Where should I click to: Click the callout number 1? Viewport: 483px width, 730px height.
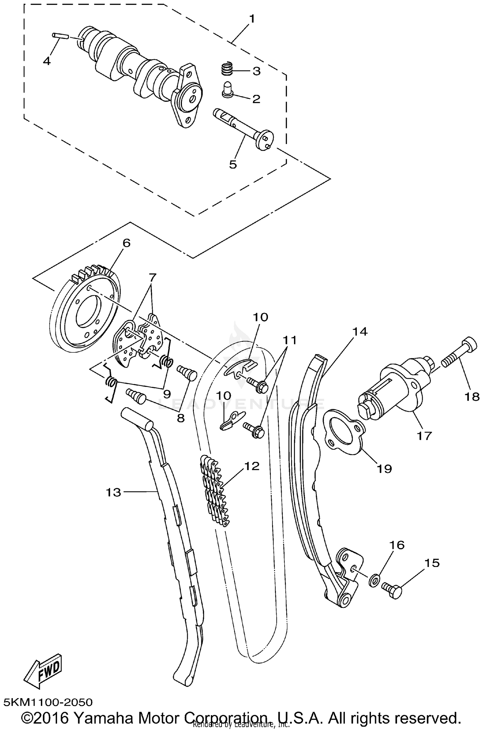click(252, 19)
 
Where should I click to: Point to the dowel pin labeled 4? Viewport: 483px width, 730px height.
click(60, 36)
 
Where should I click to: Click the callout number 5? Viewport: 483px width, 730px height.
click(233, 164)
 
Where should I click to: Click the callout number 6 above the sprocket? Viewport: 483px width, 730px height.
click(126, 243)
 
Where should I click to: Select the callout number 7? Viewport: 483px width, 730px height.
click(152, 276)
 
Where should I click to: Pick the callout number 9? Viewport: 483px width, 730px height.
click(166, 394)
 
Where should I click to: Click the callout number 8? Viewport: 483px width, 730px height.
click(181, 418)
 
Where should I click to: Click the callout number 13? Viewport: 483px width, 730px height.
click(113, 492)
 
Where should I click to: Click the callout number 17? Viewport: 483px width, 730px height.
click(424, 437)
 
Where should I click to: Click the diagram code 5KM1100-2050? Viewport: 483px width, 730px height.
click(48, 702)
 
